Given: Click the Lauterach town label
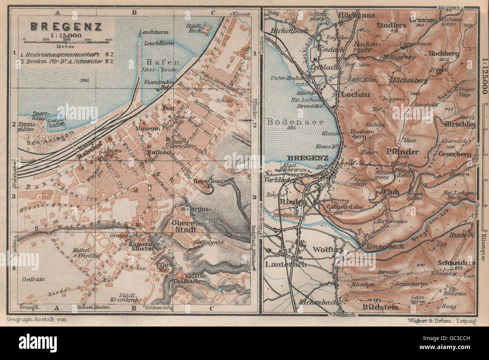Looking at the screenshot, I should pyautogui.click(x=286, y=264).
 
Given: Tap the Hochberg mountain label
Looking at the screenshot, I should pyautogui.click(x=444, y=53).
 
